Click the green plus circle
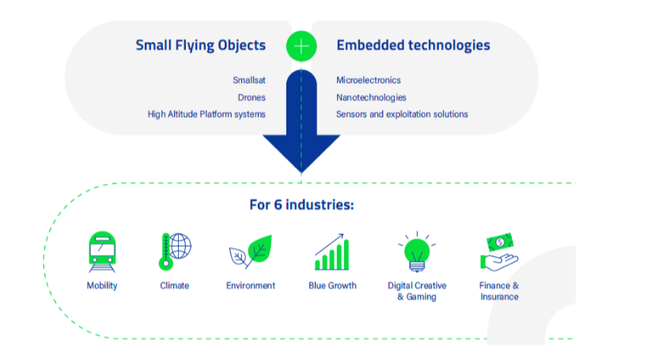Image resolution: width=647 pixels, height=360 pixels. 301,46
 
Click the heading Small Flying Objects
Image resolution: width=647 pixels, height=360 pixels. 201,45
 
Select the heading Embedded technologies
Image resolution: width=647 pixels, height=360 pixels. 413,45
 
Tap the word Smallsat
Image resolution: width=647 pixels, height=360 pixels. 249,80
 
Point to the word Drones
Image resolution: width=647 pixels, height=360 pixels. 252,97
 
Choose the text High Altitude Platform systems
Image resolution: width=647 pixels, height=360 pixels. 206,115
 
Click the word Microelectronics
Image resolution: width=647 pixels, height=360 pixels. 368,80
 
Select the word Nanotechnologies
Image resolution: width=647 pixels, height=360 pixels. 371,97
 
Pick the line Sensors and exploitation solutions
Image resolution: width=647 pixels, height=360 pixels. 402,115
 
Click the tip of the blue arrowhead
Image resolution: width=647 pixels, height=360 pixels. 301,172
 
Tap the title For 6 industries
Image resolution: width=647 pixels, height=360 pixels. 301,205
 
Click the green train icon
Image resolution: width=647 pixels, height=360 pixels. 102,252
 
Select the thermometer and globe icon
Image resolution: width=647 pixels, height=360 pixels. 175,252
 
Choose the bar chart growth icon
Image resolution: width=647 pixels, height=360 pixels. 332,252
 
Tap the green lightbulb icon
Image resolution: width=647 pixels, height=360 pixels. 417,252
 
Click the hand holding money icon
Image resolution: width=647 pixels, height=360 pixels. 499,252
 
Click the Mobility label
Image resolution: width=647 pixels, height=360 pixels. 102,286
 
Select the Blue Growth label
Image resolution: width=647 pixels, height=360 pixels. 332,286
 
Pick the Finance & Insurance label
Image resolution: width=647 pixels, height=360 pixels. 499,291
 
